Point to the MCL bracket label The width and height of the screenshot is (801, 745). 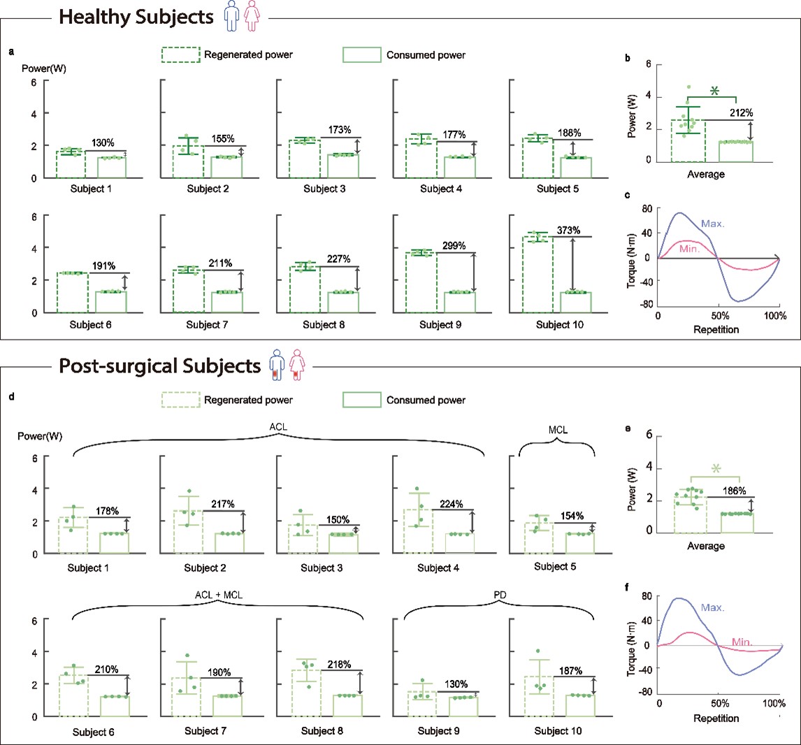coord(556,430)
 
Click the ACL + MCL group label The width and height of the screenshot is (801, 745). coord(218,595)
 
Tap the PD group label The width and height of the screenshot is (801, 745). coord(499,595)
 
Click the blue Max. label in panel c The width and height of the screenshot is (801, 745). coord(713,223)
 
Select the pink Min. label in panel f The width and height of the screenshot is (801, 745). coord(742,642)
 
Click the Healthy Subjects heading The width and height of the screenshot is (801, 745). coord(136,17)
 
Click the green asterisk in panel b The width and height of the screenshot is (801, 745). coord(714,91)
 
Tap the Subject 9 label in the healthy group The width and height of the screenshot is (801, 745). coord(442,325)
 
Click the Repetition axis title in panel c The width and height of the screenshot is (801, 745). coord(716,328)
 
